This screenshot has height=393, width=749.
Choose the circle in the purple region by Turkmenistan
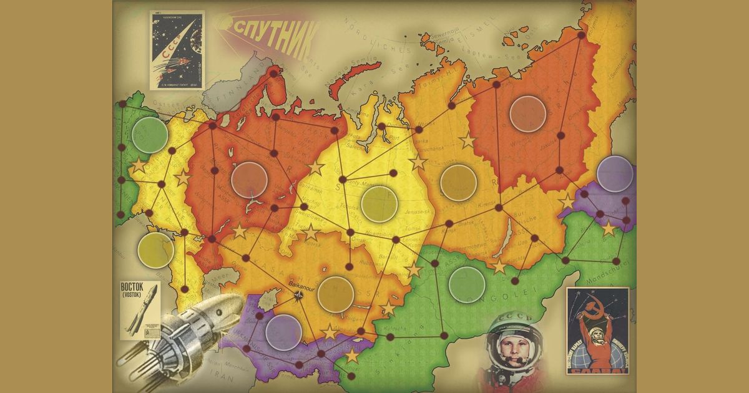[284, 332]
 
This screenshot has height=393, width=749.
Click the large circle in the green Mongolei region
[467, 284]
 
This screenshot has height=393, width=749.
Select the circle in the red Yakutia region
[527, 113]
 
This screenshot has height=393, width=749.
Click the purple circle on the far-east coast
[615, 174]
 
